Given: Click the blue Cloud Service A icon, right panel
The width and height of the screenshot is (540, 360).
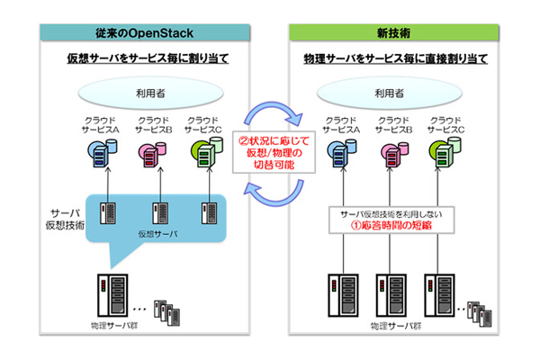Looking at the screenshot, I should coord(345,155).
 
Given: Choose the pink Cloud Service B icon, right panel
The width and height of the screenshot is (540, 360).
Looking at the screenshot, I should coord(397,155).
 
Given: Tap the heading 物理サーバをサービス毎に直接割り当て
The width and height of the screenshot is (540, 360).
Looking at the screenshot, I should coord(397,59).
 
